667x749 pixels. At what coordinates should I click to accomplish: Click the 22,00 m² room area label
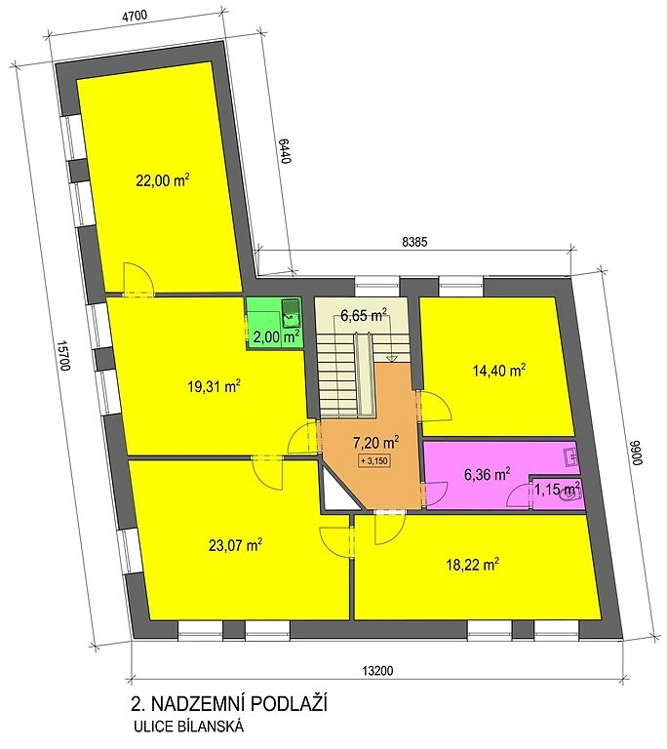pyautogui.click(x=164, y=180)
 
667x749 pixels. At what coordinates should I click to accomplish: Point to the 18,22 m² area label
pyautogui.click(x=473, y=565)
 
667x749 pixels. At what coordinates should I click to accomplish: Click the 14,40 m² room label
pyautogui.click(x=499, y=370)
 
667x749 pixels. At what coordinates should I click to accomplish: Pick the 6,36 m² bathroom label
pyautogui.click(x=487, y=474)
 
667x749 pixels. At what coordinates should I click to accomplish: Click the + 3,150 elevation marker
pyautogui.click(x=374, y=461)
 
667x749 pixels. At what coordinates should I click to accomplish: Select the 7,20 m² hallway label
pyautogui.click(x=376, y=443)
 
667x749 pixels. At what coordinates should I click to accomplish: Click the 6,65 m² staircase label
pyautogui.click(x=364, y=315)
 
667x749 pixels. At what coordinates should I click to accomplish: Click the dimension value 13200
pyautogui.click(x=377, y=671)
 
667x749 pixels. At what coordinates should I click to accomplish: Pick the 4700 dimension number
pyautogui.click(x=135, y=15)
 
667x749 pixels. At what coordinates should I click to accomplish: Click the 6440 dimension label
pyautogui.click(x=285, y=151)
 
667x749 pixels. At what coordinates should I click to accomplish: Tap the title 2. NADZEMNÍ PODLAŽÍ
pyautogui.click(x=229, y=703)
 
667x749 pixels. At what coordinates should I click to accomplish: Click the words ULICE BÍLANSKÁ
pyautogui.click(x=189, y=727)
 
